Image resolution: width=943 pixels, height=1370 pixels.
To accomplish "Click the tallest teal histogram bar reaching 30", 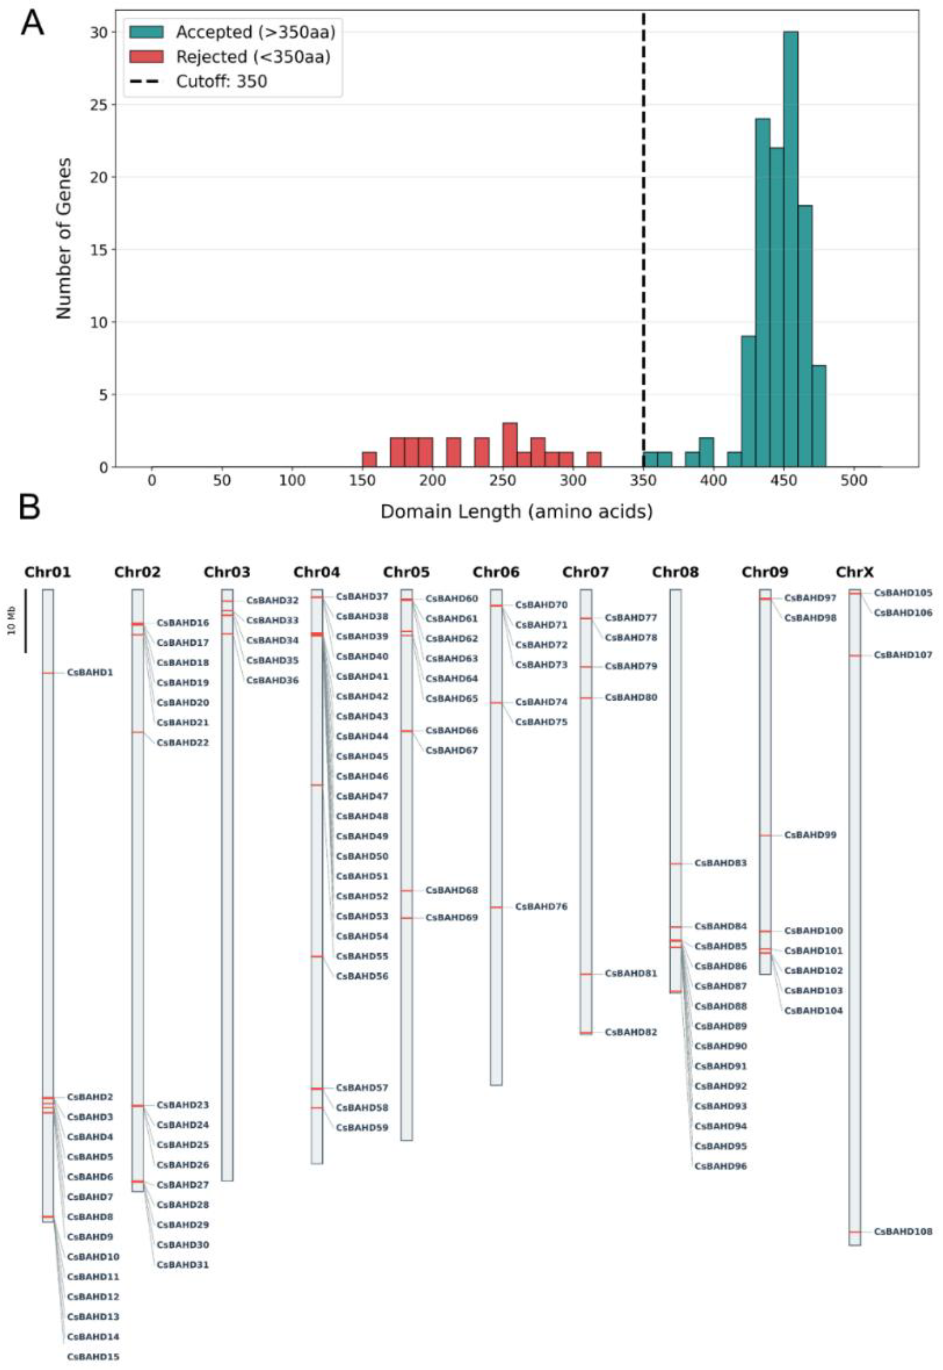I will pyautogui.click(x=790, y=248).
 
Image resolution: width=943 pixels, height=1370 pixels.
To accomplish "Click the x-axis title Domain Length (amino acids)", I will pyautogui.click(x=516, y=511).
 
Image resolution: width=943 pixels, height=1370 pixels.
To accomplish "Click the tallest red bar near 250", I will pyautogui.click(x=510, y=444).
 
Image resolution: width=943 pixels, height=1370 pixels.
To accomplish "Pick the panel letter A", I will pyautogui.click(x=32, y=25).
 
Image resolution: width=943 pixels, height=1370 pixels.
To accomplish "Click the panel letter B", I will pyautogui.click(x=29, y=507).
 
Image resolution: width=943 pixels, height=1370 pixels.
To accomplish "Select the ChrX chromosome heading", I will pyautogui.click(x=854, y=572).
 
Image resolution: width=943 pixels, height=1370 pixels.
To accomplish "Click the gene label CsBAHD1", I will pyautogui.click(x=90, y=673).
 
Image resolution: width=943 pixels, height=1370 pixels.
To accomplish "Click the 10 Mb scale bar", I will pyautogui.click(x=26, y=621).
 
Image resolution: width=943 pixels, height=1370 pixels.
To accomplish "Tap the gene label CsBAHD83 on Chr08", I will pyautogui.click(x=720, y=864).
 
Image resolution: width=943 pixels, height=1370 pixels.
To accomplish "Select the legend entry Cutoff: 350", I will pyautogui.click(x=221, y=81).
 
